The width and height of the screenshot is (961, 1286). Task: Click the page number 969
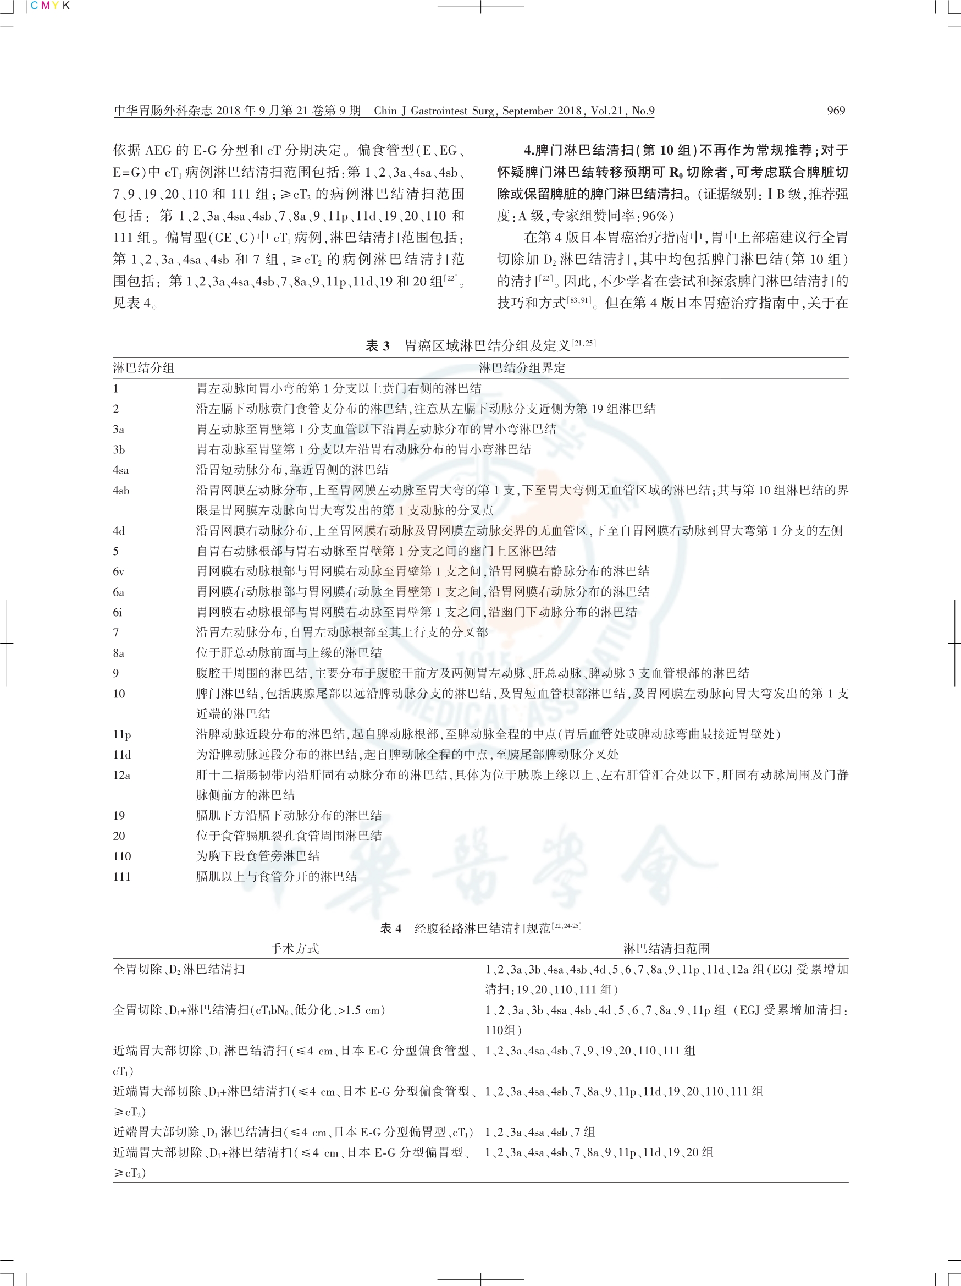[x=836, y=111]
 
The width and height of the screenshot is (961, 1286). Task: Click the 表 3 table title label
[x=378, y=346]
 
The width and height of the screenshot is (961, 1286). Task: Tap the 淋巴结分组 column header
[x=143, y=368]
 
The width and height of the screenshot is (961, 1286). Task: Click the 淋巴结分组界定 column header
[x=522, y=368]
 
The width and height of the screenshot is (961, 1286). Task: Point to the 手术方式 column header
[x=295, y=949]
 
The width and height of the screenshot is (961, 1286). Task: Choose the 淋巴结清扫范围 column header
[x=666, y=949]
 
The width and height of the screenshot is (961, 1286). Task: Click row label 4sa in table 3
[x=121, y=470]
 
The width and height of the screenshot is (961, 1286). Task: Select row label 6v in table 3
[x=119, y=571]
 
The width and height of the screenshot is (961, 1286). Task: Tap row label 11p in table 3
[x=122, y=734]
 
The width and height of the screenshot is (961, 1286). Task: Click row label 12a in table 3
[x=121, y=775]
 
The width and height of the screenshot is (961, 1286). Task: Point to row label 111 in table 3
[x=122, y=877]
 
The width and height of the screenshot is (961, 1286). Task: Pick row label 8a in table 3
[x=119, y=653]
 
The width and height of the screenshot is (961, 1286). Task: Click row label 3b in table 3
[x=119, y=449]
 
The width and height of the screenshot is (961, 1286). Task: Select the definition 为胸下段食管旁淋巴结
[x=258, y=856]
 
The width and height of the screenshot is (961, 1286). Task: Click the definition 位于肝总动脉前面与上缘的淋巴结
[x=289, y=653]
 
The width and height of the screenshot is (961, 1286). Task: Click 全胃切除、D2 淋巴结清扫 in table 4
[x=179, y=969]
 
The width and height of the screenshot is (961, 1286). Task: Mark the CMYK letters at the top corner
[x=50, y=6]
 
